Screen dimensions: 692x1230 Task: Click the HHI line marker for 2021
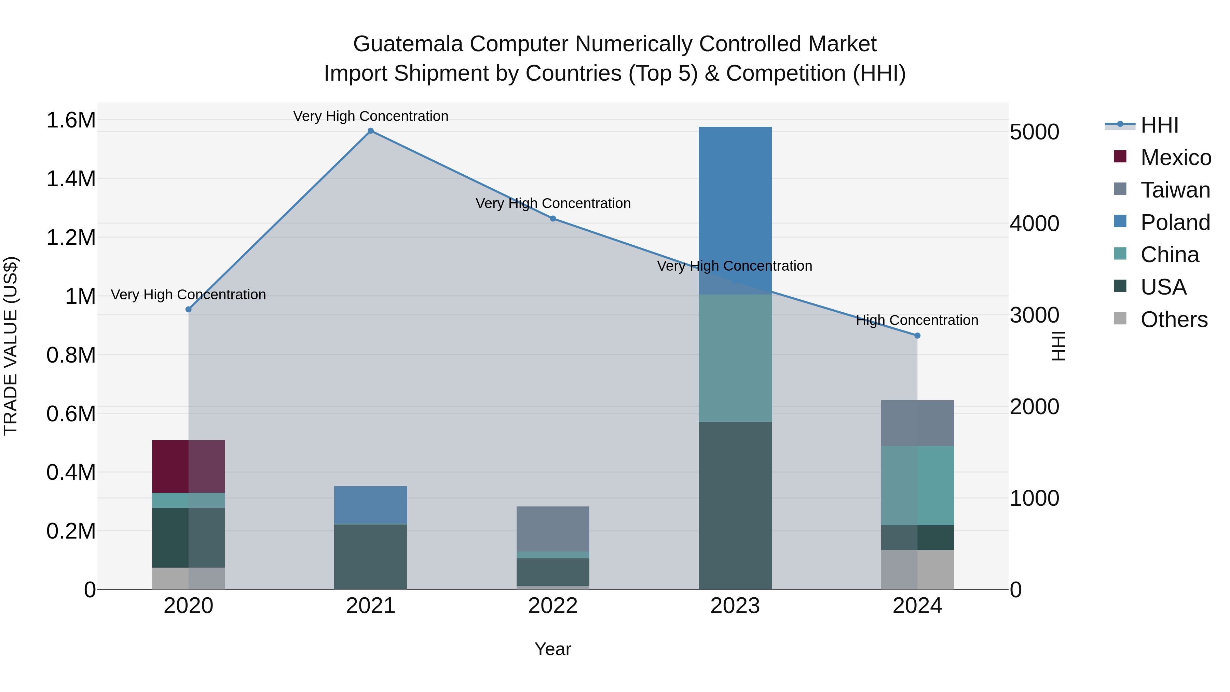(370, 131)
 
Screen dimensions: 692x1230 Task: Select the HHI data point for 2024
(917, 336)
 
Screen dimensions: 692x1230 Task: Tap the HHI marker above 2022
(553, 219)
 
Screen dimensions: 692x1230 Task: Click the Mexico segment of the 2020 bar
(188, 466)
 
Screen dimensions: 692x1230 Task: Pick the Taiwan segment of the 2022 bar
(553, 529)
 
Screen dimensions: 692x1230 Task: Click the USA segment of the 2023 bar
(735, 505)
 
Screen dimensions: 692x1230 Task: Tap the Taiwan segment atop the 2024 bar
(917, 423)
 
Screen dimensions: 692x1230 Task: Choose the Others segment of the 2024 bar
(917, 569)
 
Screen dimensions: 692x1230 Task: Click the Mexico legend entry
(1175, 158)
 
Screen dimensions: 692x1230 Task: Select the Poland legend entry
(1175, 222)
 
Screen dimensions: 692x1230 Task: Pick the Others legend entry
(1174, 320)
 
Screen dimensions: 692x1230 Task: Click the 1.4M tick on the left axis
(71, 179)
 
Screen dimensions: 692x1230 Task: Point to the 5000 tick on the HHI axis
(1034, 132)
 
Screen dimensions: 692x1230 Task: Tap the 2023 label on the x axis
(735, 606)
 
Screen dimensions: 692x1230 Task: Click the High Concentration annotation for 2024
(917, 320)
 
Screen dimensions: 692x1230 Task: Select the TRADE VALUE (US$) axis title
(11, 346)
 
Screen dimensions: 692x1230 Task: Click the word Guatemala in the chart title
(408, 44)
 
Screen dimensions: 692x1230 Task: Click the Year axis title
(552, 649)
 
